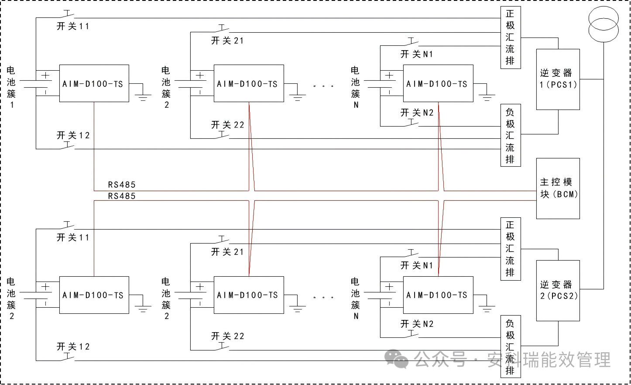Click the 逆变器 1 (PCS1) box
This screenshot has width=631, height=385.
[558, 79]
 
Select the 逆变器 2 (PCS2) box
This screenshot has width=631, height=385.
[558, 290]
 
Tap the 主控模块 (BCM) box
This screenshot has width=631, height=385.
[558, 188]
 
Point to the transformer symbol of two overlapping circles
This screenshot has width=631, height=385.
[604, 25]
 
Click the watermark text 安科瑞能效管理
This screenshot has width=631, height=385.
[549, 360]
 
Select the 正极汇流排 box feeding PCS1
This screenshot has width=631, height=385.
[510, 38]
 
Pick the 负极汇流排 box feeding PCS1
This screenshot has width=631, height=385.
[510, 136]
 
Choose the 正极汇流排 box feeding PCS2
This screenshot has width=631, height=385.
[510, 249]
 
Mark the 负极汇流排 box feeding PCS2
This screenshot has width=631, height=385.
[510, 347]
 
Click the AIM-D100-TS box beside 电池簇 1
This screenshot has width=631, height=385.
[94, 83]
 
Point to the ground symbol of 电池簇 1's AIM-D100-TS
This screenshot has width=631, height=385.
[143, 96]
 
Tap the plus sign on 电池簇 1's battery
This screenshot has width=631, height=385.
[45, 76]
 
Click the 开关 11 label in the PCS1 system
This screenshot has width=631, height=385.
[73, 26]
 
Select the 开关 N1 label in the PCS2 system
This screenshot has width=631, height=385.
[417, 265]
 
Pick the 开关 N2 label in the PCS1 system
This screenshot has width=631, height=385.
[417, 113]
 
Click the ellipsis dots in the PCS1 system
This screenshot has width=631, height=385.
[323, 86]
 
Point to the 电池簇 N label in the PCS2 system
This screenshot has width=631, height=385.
[356, 299]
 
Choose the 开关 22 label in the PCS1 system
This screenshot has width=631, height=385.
[227, 125]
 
